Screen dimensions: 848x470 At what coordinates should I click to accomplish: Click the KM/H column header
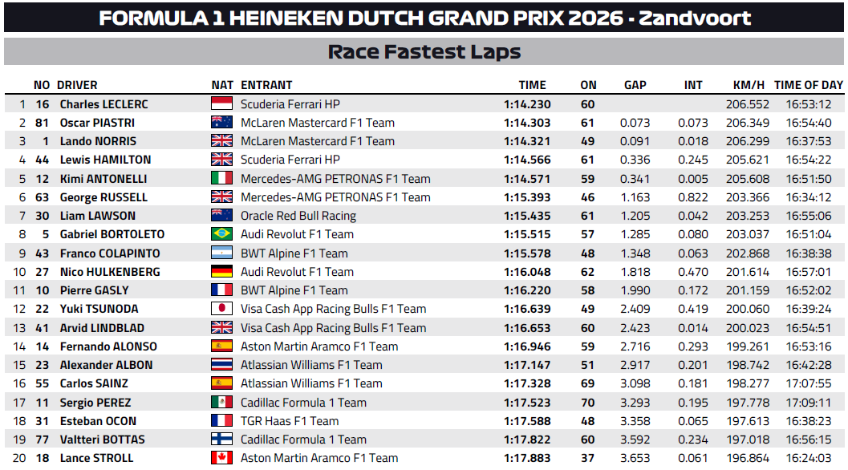(x=749, y=85)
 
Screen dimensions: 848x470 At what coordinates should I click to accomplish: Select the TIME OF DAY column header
(x=809, y=85)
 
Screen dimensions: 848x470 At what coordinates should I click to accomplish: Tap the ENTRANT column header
(x=266, y=85)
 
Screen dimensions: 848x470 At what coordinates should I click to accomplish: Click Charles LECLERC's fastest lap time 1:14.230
(x=527, y=104)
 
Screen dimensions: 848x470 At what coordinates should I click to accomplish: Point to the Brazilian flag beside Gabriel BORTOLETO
(x=221, y=234)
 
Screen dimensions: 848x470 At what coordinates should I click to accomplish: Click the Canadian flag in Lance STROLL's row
(x=221, y=458)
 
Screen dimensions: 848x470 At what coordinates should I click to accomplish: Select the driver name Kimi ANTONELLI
(x=103, y=179)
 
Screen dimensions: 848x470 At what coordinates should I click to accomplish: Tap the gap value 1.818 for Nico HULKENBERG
(x=635, y=272)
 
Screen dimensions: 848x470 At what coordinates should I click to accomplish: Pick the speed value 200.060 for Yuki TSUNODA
(x=748, y=309)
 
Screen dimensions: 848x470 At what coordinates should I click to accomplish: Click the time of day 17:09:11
(x=809, y=403)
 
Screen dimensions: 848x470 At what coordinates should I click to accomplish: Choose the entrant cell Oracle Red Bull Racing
(x=298, y=216)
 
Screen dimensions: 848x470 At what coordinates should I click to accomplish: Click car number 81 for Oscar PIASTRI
(x=43, y=123)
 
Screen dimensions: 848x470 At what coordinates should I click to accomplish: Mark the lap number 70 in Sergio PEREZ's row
(x=588, y=403)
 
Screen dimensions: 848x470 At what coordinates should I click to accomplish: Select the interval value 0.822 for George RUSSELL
(x=693, y=197)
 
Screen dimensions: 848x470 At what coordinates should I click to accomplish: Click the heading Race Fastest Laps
(x=424, y=52)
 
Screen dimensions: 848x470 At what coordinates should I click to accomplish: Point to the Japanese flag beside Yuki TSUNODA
(x=221, y=309)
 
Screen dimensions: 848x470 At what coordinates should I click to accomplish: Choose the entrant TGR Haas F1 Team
(x=290, y=421)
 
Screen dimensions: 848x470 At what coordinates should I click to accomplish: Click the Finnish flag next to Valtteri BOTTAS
(x=221, y=440)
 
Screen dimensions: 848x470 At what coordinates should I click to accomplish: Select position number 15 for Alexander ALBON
(x=19, y=365)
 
